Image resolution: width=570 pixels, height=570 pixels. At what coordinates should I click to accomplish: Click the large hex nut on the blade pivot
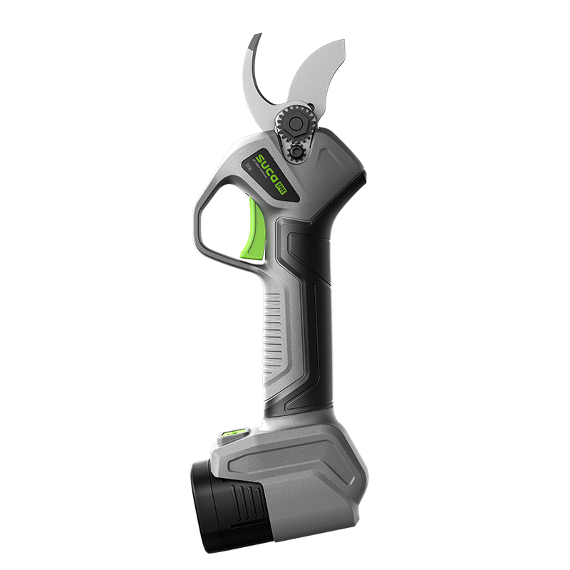[x=295, y=123]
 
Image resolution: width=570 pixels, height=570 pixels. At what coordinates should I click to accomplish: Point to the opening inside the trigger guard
[x=221, y=228]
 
